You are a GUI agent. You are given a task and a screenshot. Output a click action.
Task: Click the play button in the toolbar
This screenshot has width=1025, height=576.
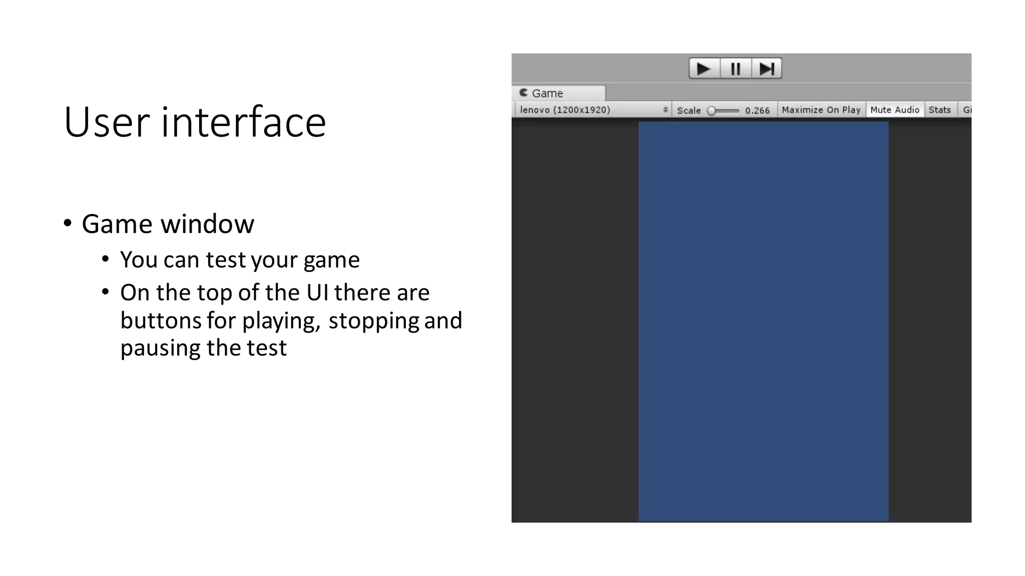point(704,68)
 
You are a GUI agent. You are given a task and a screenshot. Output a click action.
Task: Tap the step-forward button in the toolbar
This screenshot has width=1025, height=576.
point(767,68)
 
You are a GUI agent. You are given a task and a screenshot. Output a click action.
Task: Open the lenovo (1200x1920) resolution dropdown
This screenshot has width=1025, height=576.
point(593,110)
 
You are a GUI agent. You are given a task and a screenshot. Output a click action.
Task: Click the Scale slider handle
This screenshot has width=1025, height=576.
point(711,110)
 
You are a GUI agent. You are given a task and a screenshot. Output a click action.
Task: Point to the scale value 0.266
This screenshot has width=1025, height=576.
point(757,110)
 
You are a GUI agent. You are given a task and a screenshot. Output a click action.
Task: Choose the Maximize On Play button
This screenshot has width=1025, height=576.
point(821,110)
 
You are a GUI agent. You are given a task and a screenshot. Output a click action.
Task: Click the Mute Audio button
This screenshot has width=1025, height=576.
point(895,110)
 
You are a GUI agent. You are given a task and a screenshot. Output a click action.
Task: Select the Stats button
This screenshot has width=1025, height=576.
point(939,110)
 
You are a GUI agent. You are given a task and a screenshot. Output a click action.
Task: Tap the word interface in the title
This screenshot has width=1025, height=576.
point(243,122)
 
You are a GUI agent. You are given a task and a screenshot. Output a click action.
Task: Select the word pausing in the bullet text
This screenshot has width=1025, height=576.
point(161,348)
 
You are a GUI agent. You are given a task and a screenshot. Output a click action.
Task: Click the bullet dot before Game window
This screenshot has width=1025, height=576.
point(68,223)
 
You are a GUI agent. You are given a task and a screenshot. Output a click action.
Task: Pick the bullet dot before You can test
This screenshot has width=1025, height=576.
point(105,259)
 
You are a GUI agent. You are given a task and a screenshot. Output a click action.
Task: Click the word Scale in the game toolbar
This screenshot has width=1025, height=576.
point(689,110)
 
